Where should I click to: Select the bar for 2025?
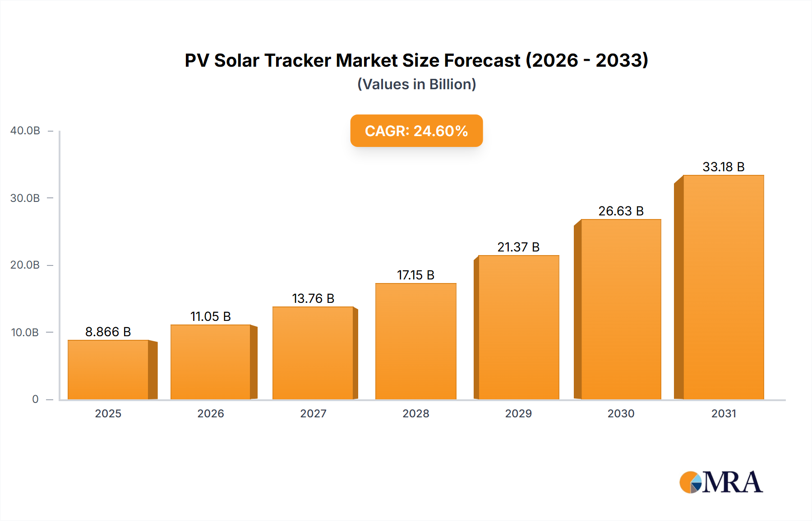108,370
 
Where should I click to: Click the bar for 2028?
415,341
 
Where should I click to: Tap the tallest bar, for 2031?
723,287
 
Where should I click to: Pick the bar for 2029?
518,327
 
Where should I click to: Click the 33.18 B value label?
723,167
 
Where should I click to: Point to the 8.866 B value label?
108,332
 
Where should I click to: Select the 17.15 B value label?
415,275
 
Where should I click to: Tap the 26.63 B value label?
621,211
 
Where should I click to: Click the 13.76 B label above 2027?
313,298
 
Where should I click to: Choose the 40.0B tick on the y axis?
25,131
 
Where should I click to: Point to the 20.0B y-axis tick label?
25,265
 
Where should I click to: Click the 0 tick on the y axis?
35,399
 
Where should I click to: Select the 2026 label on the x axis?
211,413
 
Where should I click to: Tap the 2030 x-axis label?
621,413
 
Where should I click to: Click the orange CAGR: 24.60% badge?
416,131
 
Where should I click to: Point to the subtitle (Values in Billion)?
416,84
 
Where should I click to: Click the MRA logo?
721,482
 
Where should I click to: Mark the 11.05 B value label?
211,316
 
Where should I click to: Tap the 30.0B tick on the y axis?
25,198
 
